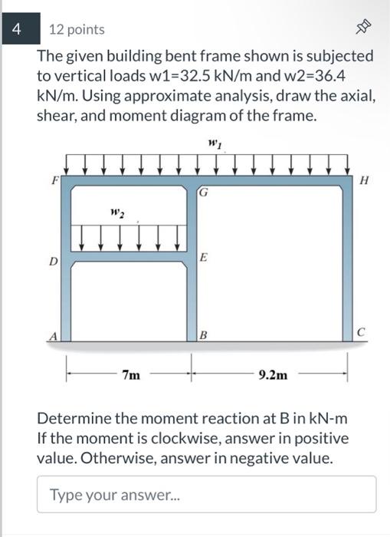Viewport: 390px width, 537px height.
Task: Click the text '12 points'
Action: (77, 30)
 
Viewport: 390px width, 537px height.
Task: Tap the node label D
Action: (54, 262)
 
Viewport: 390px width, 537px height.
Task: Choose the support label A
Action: (54, 334)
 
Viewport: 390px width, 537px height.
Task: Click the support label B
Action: (202, 334)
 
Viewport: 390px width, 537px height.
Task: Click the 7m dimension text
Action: (130, 375)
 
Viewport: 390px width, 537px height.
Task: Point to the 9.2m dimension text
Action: (273, 375)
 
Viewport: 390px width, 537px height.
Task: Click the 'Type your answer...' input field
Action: (206, 494)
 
